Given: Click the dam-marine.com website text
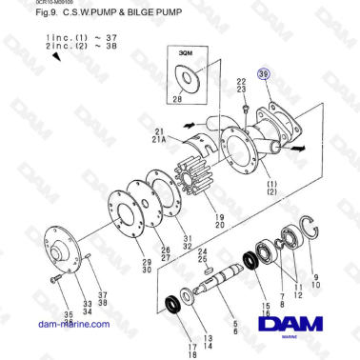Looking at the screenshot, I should tap(74, 323).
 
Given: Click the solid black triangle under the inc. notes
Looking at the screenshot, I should tap(57, 56).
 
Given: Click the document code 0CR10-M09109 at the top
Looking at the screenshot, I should tap(28, 3).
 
